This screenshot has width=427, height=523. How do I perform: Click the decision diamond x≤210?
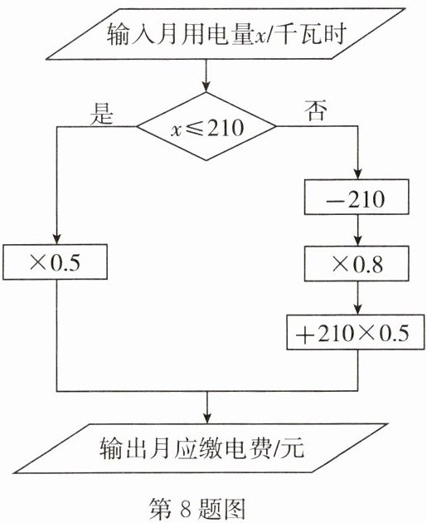(x=206, y=126)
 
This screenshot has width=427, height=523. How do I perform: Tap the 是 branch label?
(x=102, y=113)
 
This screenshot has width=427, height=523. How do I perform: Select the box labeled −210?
(x=357, y=197)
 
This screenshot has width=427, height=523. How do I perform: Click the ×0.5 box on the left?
(x=56, y=261)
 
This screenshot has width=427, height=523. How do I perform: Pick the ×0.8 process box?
(x=357, y=263)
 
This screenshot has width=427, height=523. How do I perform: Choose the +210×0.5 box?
(x=356, y=332)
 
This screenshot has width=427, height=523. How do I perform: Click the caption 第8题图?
(x=198, y=509)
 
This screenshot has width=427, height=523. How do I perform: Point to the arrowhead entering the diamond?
(x=206, y=87)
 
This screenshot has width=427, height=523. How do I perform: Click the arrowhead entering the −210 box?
(x=358, y=174)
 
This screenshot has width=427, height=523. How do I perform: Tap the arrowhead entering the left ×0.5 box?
(x=57, y=239)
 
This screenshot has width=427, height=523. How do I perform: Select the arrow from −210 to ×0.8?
(x=358, y=230)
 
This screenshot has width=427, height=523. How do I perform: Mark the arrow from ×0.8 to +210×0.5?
(x=358, y=298)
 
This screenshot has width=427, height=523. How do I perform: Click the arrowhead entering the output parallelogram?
(x=207, y=419)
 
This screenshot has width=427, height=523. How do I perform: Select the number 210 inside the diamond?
(x=226, y=127)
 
